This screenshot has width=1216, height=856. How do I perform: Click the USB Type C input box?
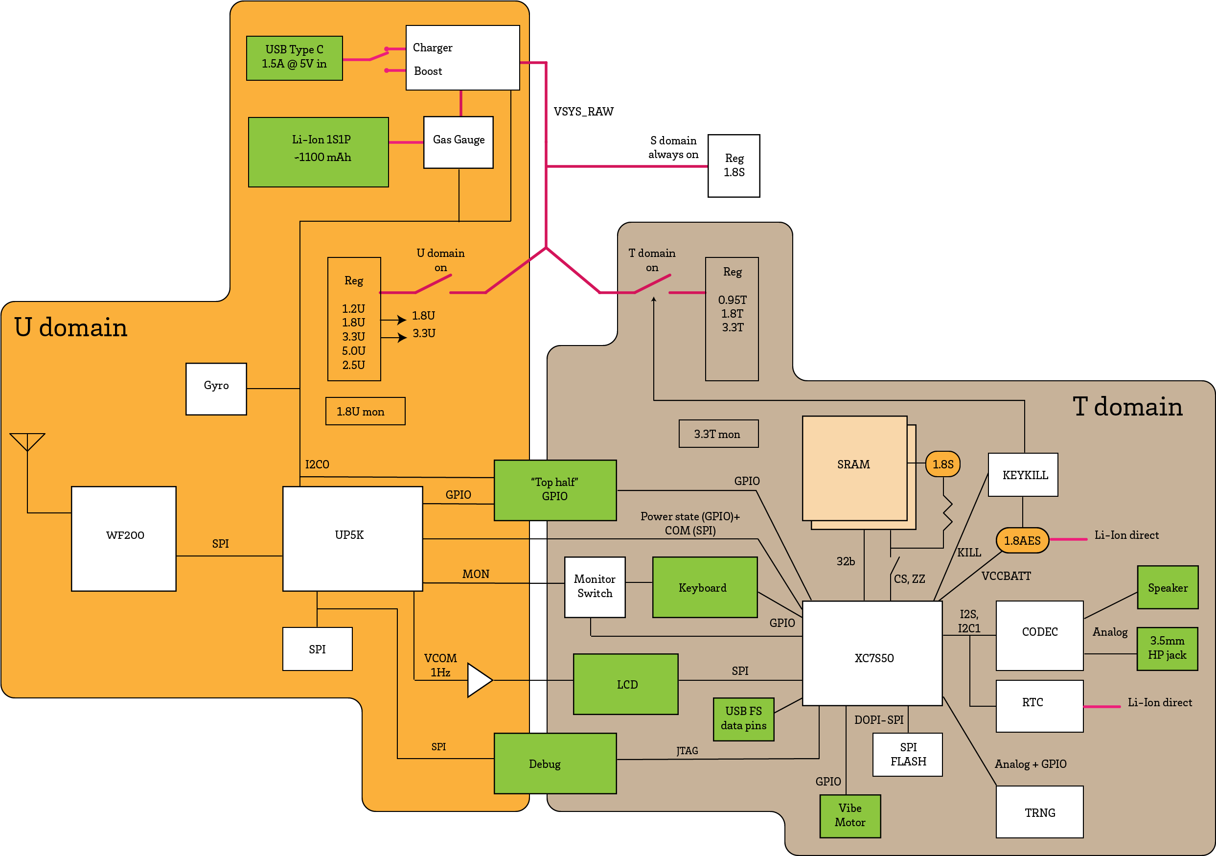[295, 58]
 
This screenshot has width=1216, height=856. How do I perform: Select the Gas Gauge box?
[458, 142]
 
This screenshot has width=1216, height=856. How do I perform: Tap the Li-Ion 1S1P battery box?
[318, 152]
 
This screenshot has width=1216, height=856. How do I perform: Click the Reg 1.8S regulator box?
[734, 165]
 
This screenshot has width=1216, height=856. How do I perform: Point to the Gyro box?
[216, 388]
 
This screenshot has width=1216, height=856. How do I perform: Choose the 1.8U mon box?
[365, 411]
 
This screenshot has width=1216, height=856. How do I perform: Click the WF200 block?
[124, 538]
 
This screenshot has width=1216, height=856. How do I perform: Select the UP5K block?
[352, 538]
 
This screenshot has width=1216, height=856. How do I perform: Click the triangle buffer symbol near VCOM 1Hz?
[479, 680]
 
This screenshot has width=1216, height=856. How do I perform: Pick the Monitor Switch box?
[594, 586]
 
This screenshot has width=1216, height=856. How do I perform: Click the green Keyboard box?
[704, 587]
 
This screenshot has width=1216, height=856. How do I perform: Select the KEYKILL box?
[1023, 475]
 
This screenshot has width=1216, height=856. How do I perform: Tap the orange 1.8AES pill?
[1022, 540]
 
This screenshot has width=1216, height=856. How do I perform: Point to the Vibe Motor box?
[849, 815]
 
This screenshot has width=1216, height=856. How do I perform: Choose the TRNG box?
[1039, 811]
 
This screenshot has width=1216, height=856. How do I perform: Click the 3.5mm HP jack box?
[1167, 648]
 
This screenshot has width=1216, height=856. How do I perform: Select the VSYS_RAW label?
[584, 111]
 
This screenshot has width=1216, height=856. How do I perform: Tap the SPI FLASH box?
[907, 754]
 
